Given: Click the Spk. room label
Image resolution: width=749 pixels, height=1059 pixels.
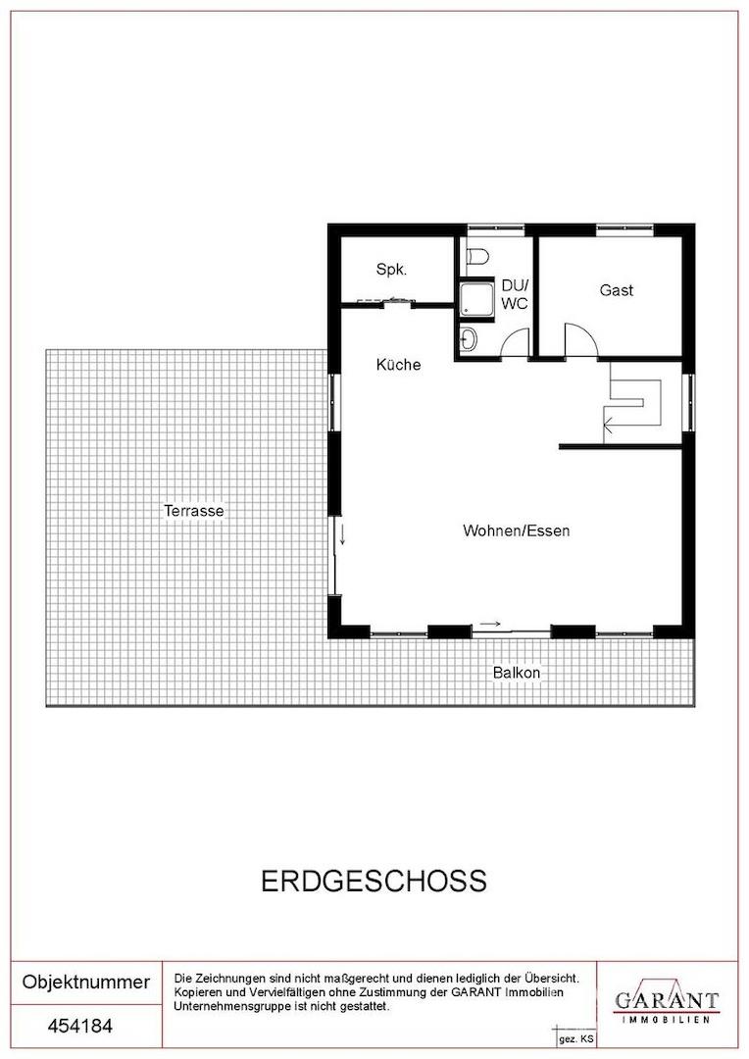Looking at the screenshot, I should [x=391, y=269].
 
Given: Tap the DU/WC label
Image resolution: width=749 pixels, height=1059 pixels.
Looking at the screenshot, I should [x=514, y=294].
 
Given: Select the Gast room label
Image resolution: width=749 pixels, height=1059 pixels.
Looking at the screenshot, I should [x=617, y=290].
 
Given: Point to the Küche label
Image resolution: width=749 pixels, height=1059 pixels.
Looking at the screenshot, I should [x=398, y=365].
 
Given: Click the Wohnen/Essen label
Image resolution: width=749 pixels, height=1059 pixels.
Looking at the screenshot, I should [x=517, y=530].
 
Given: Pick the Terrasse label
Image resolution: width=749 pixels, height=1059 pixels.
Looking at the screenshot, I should [x=194, y=511].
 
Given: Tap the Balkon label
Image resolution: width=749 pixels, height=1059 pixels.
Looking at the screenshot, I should [x=517, y=674].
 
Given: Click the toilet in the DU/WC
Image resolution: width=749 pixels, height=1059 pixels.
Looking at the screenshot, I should [x=476, y=257].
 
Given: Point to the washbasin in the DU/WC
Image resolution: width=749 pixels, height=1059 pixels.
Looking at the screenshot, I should [x=469, y=339].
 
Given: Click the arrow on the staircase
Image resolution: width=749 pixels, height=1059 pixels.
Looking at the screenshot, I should [x=610, y=425].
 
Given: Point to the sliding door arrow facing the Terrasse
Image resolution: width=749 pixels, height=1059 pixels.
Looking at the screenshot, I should [x=342, y=535].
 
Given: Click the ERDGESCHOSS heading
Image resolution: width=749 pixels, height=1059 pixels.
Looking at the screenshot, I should [x=374, y=881].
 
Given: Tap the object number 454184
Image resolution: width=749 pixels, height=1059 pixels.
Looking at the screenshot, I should [x=80, y=1027].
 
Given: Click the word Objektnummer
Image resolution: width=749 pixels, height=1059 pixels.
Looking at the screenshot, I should [x=86, y=982].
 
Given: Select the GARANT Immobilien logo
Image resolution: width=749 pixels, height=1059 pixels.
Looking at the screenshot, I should [x=666, y=1002].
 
